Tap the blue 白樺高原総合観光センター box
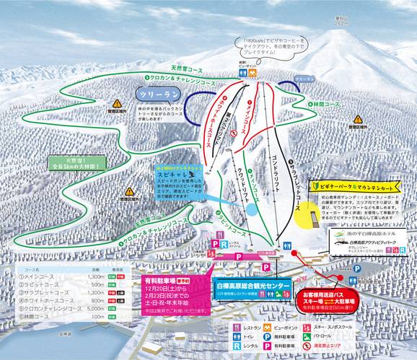coord(243,287)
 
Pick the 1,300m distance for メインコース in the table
coord(95,276)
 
